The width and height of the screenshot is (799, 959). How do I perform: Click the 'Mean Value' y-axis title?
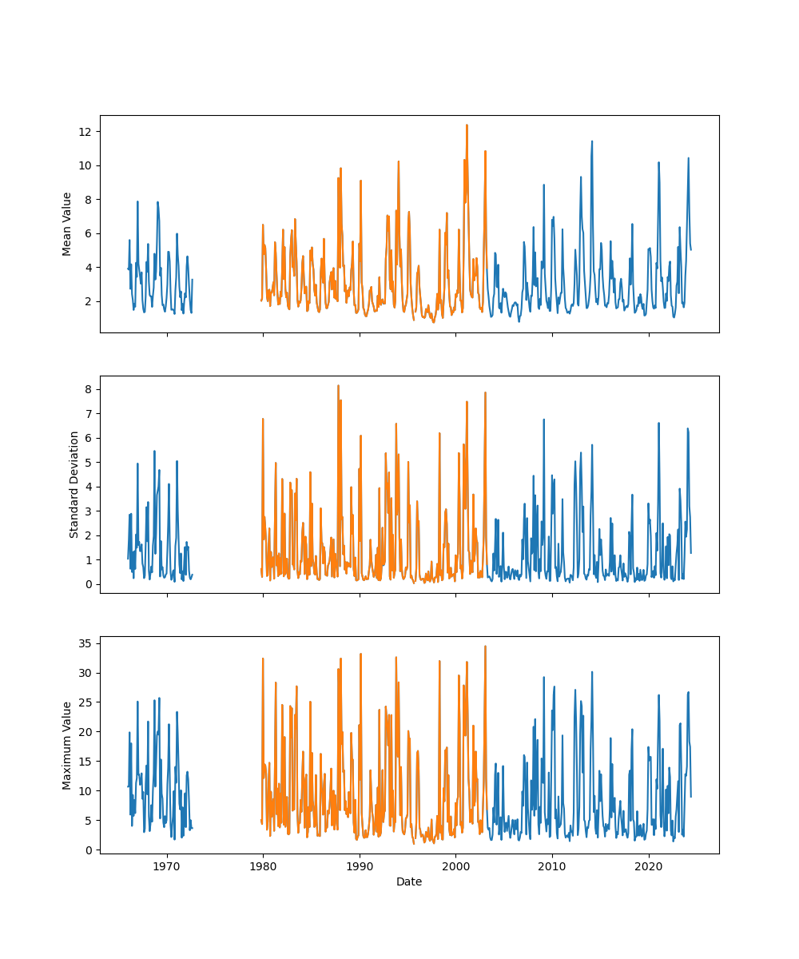pos(67,224)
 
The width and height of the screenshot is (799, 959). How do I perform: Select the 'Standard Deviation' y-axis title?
pos(74,484)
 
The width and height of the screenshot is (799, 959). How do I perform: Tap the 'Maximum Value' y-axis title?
pos(67,745)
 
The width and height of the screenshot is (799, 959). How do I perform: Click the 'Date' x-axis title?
pos(409,882)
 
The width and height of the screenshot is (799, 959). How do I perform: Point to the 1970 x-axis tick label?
pos(167,865)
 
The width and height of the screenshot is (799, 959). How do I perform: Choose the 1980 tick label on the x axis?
pos(263,865)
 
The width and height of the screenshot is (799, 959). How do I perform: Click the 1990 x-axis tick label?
pos(360,865)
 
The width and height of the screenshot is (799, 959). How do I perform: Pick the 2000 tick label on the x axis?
pos(455,865)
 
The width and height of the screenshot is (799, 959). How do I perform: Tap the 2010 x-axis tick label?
pos(552,865)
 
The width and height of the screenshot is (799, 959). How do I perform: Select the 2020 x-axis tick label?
pos(648,865)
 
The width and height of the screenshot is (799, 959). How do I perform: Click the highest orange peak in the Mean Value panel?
pos(467,125)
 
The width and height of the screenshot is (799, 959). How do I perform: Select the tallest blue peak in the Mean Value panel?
pos(592,141)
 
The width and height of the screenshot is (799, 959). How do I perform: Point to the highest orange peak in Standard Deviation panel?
pos(338,385)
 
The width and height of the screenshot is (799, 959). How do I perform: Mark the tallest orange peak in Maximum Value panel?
pos(485,646)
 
